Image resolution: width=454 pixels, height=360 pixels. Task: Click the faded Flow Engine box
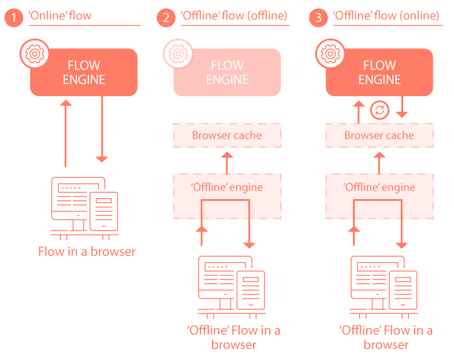[228, 73]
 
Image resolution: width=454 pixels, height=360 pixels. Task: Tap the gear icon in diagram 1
[34, 54]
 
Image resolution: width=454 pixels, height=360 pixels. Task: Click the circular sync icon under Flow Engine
[380, 110]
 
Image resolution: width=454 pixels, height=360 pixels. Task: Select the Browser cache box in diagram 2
[227, 135]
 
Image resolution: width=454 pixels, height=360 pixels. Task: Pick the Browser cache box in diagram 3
[380, 135]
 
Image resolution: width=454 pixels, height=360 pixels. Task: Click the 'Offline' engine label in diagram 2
[227, 187]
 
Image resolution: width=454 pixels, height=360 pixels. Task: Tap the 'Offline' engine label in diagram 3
[380, 187]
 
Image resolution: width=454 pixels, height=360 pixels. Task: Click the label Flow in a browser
[87, 252]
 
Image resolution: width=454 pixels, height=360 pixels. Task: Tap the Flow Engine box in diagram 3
[380, 73]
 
